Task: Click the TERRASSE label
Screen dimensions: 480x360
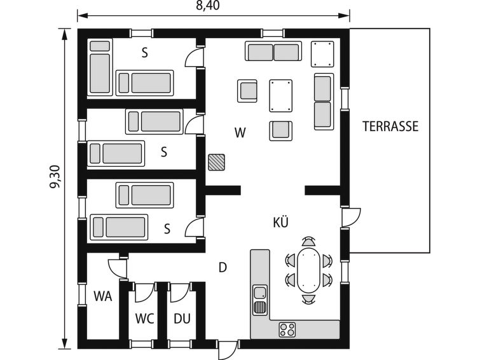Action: tap(390, 126)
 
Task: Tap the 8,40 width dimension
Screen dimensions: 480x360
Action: tap(208, 5)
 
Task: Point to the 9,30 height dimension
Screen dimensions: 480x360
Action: tap(56, 177)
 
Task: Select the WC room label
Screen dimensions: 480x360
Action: tap(144, 319)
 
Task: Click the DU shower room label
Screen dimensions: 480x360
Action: tap(182, 319)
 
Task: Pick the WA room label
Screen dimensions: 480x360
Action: tap(103, 296)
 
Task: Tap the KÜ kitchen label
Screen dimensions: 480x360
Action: tap(281, 222)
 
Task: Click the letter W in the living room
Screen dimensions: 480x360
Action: tap(240, 133)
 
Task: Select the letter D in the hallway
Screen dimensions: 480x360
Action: tap(223, 268)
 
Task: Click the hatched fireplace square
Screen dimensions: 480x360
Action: tap(216, 162)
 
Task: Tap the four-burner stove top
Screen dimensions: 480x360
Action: tap(287, 329)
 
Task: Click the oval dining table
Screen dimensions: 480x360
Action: tap(308, 270)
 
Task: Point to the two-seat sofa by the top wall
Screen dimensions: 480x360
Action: tap(273, 51)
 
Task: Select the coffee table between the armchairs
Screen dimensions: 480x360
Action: tap(281, 95)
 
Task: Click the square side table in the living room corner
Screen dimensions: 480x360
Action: tap(322, 54)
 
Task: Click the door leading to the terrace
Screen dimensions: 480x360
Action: tap(351, 218)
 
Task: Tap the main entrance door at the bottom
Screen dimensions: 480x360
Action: tap(227, 350)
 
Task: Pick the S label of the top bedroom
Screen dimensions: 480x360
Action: tap(145, 53)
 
